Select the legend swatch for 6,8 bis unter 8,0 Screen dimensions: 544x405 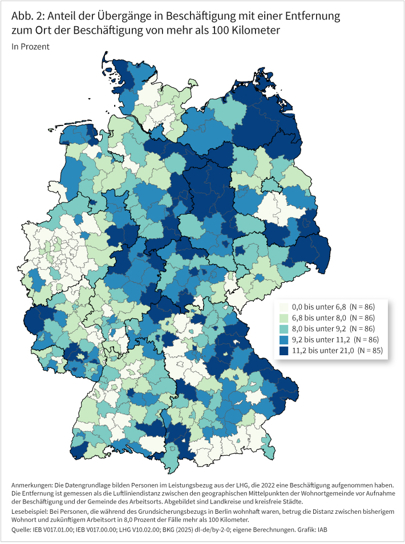pos(283,318)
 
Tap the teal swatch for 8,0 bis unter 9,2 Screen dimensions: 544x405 pos(283,328)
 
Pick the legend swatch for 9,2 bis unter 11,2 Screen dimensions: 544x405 pos(283,339)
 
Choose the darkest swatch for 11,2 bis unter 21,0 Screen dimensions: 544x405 pos(283,350)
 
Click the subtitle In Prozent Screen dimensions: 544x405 pos(30,47)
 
